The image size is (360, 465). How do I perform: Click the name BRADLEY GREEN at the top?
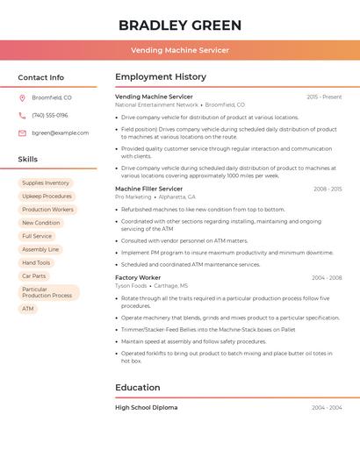click(180, 25)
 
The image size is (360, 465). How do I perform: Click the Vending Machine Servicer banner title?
click(180, 50)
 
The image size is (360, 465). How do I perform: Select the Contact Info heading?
click(41, 77)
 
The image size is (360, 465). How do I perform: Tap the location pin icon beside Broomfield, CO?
click(22, 97)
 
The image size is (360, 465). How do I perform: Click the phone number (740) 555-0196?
click(50, 115)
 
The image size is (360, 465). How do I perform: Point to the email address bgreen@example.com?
click(61, 132)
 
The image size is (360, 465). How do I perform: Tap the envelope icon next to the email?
click(22, 132)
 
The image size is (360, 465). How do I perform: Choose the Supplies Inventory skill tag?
click(46, 183)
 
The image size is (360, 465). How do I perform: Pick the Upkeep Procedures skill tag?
click(47, 197)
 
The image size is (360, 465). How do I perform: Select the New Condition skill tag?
click(41, 223)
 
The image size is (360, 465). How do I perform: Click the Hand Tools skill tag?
click(36, 262)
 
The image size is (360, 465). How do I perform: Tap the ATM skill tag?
click(28, 309)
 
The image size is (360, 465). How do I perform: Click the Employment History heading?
click(161, 77)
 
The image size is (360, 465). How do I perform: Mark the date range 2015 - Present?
click(324, 97)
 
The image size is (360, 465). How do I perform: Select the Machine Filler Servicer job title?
click(149, 189)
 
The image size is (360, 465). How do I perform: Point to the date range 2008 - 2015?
click(328, 189)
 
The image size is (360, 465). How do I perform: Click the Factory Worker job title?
click(138, 277)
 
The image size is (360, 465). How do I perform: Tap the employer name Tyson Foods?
click(131, 286)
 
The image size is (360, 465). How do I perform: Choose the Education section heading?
click(138, 387)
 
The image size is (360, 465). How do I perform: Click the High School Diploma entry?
click(146, 407)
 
